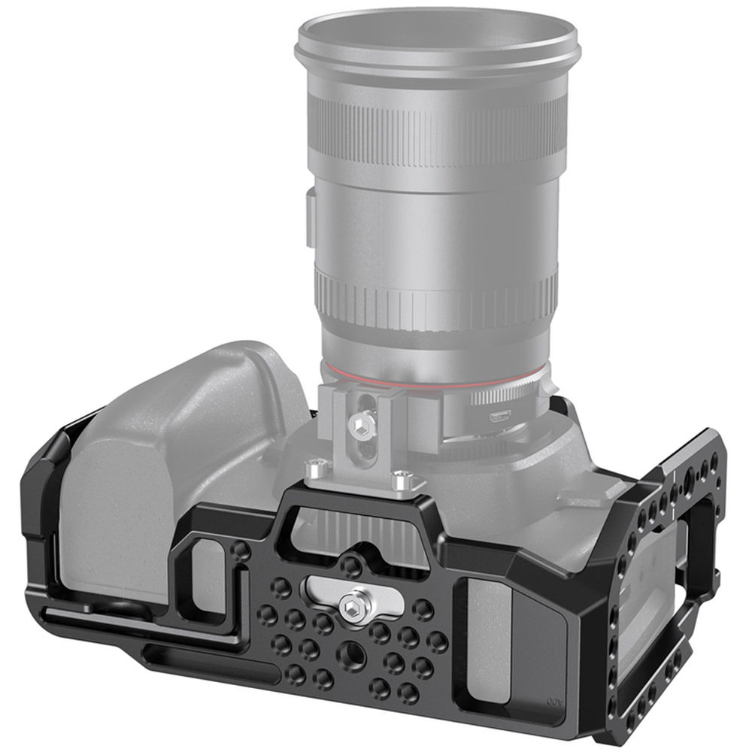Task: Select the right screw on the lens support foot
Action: point(402,475)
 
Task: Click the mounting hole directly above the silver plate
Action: point(350,562)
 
